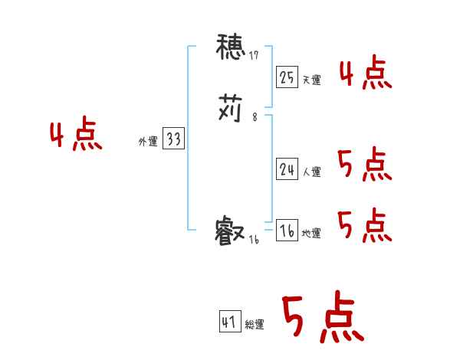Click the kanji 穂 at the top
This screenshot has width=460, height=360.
click(230, 48)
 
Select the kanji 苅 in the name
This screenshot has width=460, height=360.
click(230, 109)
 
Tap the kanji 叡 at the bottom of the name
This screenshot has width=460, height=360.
click(230, 230)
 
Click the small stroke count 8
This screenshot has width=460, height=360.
click(255, 117)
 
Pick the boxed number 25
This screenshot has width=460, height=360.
click(287, 77)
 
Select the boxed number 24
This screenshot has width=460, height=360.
click(287, 170)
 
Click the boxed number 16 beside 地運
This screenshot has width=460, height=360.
click(287, 231)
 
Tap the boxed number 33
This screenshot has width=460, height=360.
click(173, 139)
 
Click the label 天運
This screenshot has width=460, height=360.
click(311, 80)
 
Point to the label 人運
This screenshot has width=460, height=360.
click(311, 172)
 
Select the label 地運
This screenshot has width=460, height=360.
click(311, 234)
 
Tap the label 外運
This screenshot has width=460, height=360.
click(147, 142)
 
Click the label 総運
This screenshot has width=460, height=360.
click(255, 325)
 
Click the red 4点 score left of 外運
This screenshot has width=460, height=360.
click(76, 136)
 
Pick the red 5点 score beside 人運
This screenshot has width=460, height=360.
click(364, 164)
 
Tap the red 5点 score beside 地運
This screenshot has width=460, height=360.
click(364, 225)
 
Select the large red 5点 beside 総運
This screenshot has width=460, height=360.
click(322, 318)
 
